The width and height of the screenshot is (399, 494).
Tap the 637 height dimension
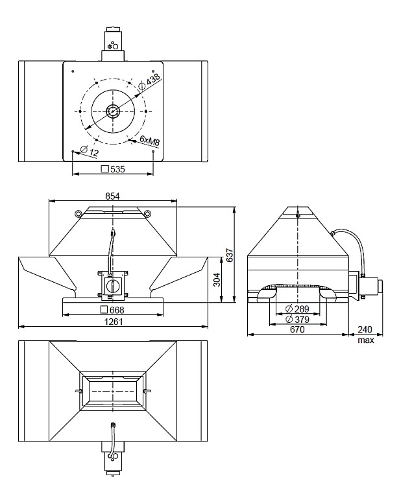coord(228,255)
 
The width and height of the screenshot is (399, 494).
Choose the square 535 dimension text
coord(113,169)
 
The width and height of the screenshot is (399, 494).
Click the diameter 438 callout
coord(150,80)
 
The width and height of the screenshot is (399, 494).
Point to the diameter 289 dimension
coord(296,309)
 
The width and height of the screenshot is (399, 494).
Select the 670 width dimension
coord(297,329)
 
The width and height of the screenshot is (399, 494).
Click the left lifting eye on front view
coord(79,213)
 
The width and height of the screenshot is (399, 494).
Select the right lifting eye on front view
coord(148,213)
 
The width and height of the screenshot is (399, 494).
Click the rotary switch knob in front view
coord(112,283)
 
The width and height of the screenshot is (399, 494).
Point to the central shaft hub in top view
coord(113,112)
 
